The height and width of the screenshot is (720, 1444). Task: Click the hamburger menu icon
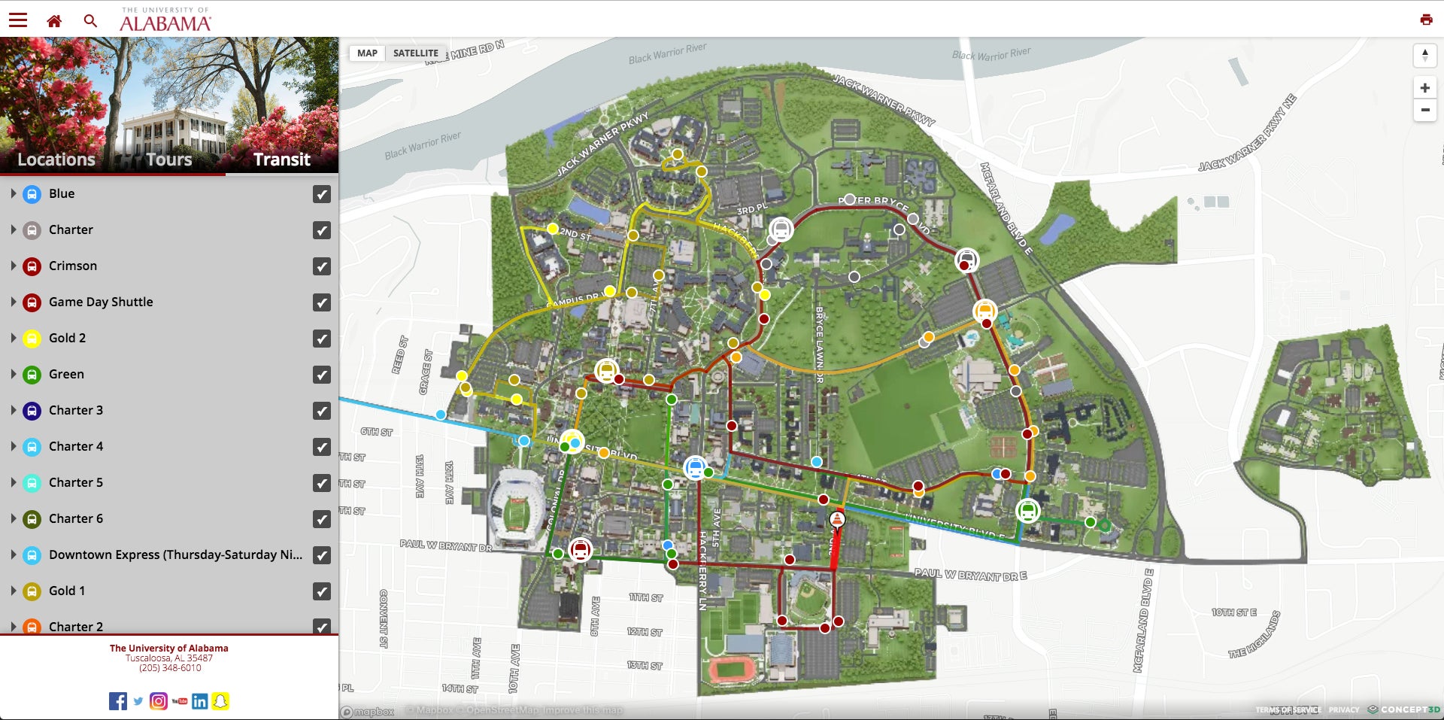coord(18,20)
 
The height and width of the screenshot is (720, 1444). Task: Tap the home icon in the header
coord(54,21)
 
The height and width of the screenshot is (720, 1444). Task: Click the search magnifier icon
coord(90,21)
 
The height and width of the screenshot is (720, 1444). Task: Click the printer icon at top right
coord(1426,20)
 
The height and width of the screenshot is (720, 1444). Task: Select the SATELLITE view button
coord(415,53)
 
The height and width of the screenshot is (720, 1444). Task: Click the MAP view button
coord(367,53)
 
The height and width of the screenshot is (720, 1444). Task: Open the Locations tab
coord(56,159)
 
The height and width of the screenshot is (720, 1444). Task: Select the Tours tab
coord(169,159)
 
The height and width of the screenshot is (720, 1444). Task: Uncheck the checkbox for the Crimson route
coord(322,266)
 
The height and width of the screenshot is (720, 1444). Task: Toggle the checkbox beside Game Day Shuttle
coord(322,302)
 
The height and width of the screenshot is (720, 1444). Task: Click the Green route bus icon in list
coord(32,375)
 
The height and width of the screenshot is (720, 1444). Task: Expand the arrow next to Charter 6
coord(14,518)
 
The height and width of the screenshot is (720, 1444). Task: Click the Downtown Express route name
coord(175,554)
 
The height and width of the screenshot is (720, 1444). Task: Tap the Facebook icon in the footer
coord(118,701)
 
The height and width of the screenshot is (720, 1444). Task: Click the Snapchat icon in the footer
coord(220,701)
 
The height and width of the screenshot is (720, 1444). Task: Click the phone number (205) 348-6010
coord(170,668)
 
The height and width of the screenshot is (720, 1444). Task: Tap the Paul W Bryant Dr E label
coord(970,575)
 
